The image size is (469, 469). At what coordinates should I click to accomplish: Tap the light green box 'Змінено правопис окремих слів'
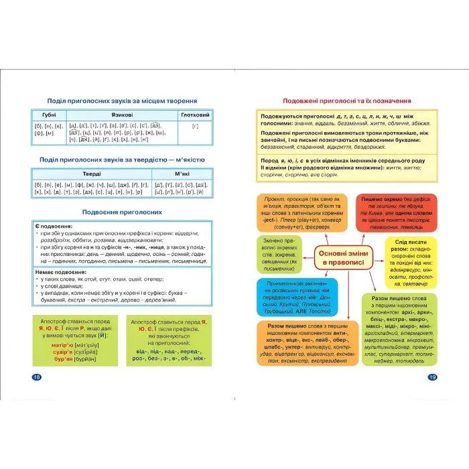coord(280,255)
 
